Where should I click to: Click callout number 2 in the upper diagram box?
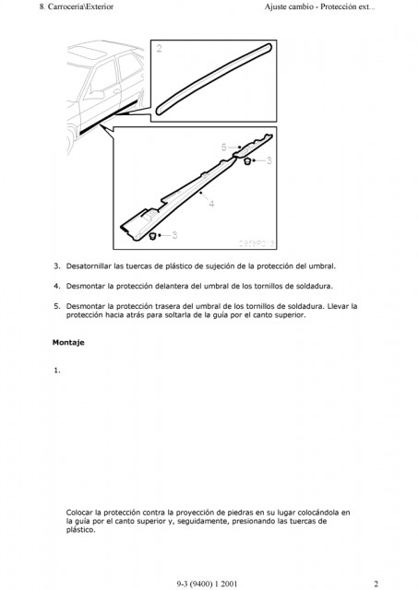point(159,49)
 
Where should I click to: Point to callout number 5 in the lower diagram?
point(223,147)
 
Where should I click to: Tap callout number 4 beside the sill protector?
point(211,204)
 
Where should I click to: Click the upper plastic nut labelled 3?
point(247,161)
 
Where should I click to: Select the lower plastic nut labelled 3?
point(153,236)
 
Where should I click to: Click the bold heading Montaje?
point(68,342)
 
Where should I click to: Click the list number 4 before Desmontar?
point(56,286)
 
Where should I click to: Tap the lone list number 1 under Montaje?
point(56,371)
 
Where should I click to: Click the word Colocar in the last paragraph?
point(79,513)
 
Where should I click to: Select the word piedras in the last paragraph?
point(240,513)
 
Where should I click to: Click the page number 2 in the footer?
point(376,584)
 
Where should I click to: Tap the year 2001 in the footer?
point(229,584)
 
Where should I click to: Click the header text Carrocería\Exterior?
point(80,6)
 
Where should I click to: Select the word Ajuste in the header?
point(276,6)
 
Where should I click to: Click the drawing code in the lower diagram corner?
point(257,243)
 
